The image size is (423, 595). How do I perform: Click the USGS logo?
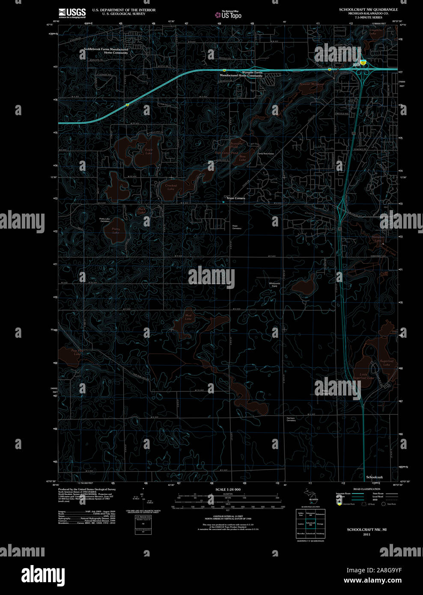(72, 13)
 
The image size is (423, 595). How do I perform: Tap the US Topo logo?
(228, 15)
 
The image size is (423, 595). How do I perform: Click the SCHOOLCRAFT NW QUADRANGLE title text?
(368, 9)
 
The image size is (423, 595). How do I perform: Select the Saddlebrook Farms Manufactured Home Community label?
(106, 51)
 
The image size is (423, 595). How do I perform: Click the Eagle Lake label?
(149, 151)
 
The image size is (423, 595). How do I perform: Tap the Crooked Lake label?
(171, 187)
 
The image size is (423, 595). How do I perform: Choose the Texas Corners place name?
(235, 198)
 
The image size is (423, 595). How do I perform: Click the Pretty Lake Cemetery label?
(105, 220)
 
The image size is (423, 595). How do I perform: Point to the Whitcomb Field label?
(274, 285)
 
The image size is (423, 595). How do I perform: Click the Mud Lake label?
(188, 317)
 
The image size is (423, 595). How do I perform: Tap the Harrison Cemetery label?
(291, 419)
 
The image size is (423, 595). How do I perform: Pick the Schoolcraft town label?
(374, 477)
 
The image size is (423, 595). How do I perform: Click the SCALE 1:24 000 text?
(228, 489)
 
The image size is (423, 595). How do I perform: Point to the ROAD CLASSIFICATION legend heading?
(366, 489)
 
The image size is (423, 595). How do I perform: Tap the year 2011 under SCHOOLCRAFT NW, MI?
(366, 535)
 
